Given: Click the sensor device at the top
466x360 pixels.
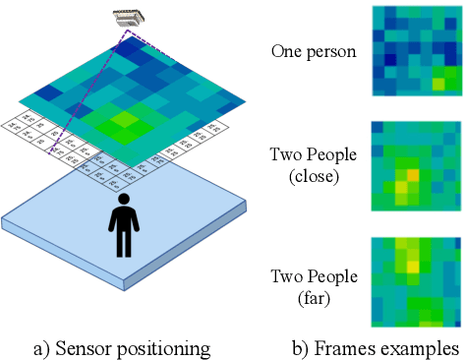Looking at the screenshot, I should pyautogui.click(x=128, y=17).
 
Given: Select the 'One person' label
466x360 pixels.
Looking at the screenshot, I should pyautogui.click(x=313, y=51).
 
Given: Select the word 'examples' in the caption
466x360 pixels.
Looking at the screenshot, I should pyautogui.click(x=423, y=347).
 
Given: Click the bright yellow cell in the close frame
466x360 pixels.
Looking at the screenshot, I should pyautogui.click(x=413, y=175).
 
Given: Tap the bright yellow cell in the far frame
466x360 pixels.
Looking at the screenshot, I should pyautogui.click(x=413, y=264).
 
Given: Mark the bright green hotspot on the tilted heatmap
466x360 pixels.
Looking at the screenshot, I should pyautogui.click(x=123, y=121).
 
